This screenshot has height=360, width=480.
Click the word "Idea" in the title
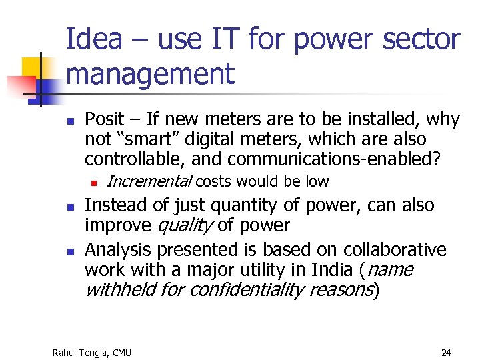94,39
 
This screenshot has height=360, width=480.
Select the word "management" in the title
150,73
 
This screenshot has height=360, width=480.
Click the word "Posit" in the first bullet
105,119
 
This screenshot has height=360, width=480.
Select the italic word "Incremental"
149,181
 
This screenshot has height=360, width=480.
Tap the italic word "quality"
184,225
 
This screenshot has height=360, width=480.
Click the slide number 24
446,352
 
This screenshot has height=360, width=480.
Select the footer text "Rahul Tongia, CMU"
92,352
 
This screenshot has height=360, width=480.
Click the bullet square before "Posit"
70,121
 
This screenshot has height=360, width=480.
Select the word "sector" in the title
426,39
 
